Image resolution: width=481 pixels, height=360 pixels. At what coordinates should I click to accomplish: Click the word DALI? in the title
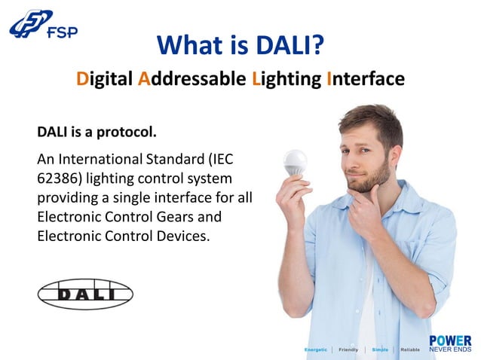pyautogui.click(x=286, y=45)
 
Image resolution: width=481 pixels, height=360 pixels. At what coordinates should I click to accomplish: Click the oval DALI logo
pyautogui.click(x=85, y=294)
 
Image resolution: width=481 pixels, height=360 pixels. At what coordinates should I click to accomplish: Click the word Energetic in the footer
pyautogui.click(x=316, y=350)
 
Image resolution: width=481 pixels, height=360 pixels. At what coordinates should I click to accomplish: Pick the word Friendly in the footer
pyautogui.click(x=348, y=350)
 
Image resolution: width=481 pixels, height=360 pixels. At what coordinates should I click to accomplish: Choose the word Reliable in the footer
pyautogui.click(x=410, y=350)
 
